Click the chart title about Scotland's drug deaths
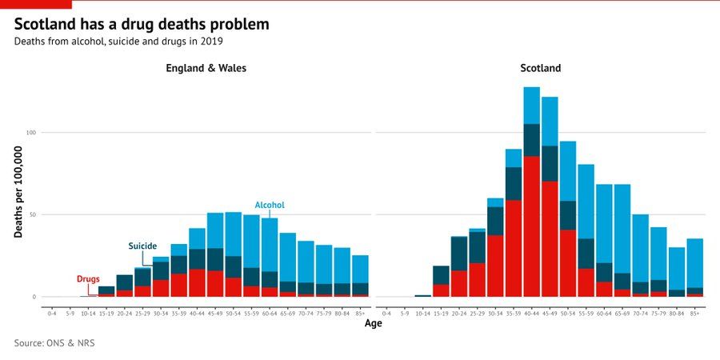(x=142, y=24)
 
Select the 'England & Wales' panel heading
(x=206, y=69)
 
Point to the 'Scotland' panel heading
(x=541, y=69)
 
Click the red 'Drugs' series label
(x=88, y=279)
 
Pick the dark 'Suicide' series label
(x=142, y=246)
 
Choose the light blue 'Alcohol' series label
(x=270, y=206)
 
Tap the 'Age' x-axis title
(x=374, y=323)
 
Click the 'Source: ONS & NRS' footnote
(x=59, y=343)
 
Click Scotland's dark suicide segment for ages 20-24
(x=459, y=254)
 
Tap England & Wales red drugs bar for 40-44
(x=197, y=283)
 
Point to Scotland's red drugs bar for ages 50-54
(x=568, y=263)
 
